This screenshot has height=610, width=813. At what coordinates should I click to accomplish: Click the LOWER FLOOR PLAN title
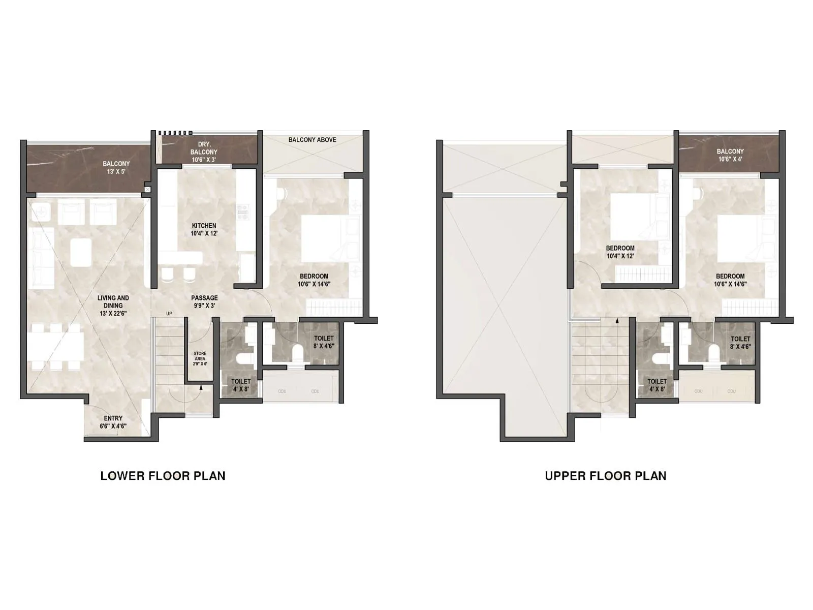coord(163,476)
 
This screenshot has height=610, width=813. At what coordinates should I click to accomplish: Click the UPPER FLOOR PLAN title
coord(605,476)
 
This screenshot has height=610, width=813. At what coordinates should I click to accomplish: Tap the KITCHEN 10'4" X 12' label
coord(204,229)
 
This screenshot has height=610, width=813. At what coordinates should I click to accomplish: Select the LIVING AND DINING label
coord(113,306)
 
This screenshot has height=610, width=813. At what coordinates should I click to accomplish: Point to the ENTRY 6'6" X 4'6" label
coord(113,422)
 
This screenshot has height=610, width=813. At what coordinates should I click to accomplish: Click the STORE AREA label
coord(200,358)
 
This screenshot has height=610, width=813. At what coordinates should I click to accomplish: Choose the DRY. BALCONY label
coord(204,152)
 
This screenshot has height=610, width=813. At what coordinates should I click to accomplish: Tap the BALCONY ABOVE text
coord(312,140)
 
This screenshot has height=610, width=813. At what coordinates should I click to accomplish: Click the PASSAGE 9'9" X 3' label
coord(204,302)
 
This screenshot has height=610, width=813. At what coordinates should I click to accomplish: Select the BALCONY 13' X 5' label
coord(116,167)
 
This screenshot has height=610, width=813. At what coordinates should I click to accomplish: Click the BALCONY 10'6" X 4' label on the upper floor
coord(730,155)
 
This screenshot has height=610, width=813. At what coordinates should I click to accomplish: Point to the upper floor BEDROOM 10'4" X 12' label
coord(620,252)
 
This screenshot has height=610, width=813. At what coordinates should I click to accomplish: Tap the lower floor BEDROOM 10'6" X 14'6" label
coord(314,280)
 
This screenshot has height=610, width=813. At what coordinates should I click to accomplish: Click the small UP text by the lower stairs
coord(169,314)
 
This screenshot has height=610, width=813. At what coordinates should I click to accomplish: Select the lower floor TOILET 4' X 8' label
coord(241,385)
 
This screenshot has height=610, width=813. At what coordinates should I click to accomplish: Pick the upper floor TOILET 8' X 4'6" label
coord(740,343)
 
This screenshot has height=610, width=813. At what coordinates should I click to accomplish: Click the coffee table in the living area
coord(81,252)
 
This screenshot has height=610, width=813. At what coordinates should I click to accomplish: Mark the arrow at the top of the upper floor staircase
coord(617,321)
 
